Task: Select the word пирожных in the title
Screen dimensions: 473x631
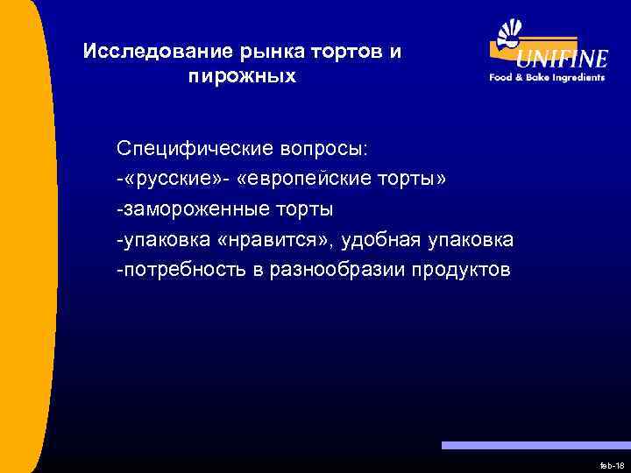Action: tap(242, 77)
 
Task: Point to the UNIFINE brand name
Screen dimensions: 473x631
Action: tap(561, 60)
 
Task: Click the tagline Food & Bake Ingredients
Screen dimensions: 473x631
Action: tap(547, 77)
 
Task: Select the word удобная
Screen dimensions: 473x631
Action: tap(379, 239)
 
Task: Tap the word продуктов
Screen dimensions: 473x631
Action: tap(459, 269)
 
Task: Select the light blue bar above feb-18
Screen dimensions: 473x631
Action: tap(535, 445)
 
